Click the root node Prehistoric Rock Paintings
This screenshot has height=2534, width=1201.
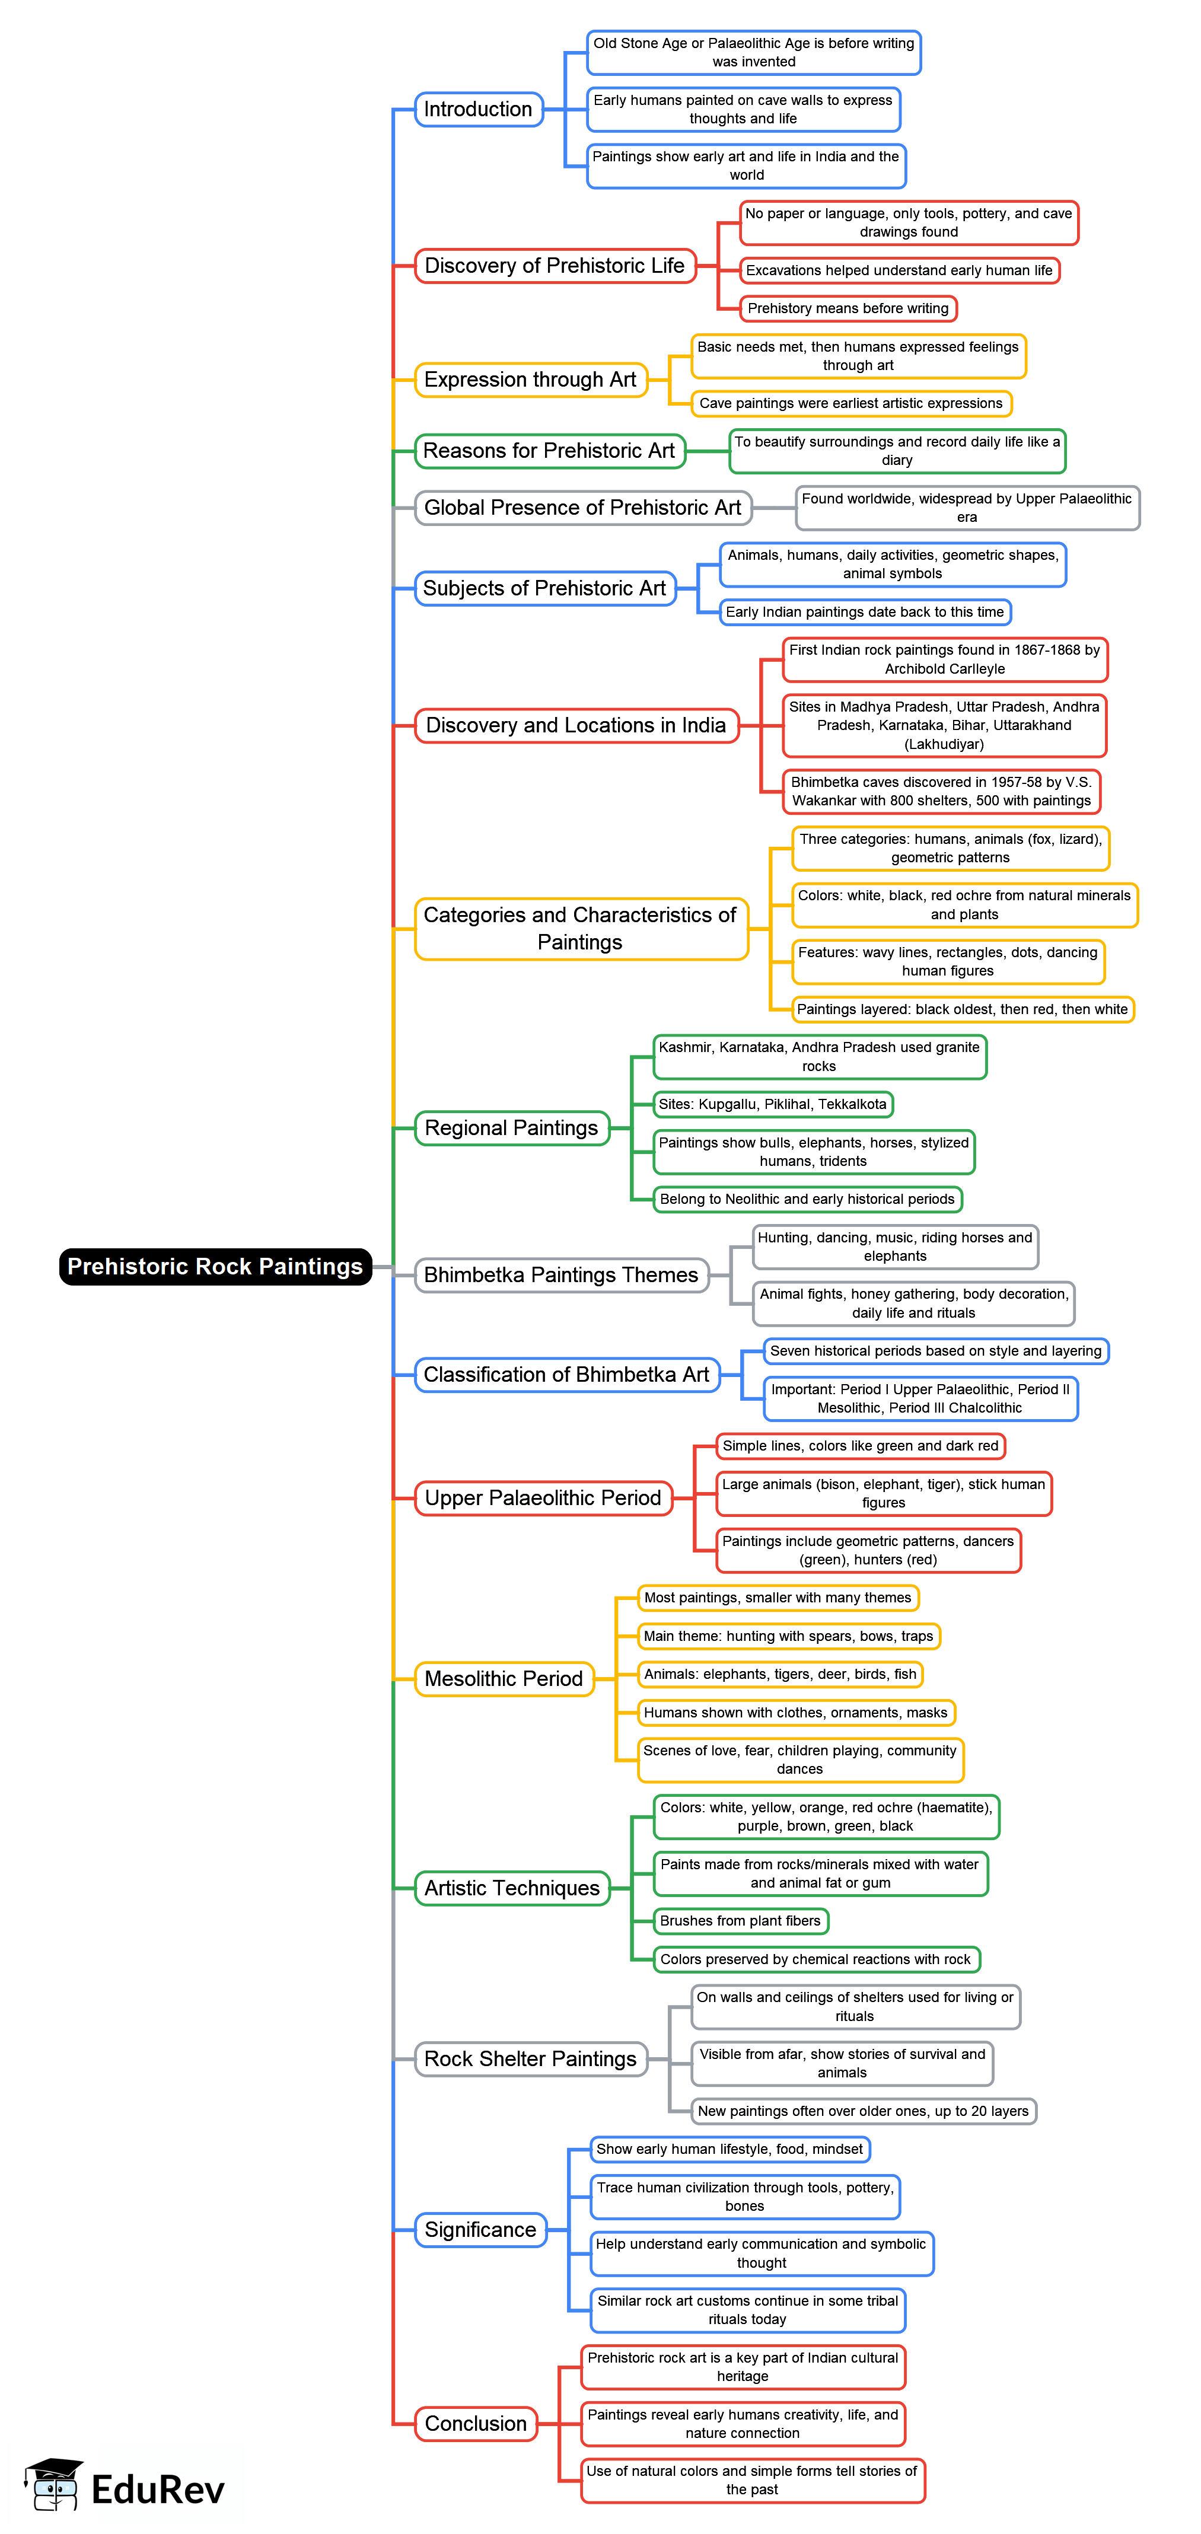215,1266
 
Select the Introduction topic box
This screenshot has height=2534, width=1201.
478,109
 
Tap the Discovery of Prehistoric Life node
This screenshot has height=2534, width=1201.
555,266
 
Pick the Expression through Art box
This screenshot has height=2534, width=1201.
530,380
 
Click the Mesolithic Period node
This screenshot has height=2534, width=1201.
504,1678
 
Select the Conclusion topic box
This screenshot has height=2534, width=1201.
476,2423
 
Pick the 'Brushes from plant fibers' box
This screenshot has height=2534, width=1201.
741,1920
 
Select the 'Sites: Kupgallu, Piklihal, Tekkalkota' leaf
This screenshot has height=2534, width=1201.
773,1104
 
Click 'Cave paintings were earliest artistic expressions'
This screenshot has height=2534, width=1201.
851,403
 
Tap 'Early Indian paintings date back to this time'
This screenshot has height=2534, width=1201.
865,612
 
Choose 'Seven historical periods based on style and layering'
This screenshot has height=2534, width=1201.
935,1350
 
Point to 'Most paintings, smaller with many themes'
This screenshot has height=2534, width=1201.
778,1598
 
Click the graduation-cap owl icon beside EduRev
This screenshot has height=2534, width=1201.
54,2485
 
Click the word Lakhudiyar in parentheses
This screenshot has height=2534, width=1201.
944,744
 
